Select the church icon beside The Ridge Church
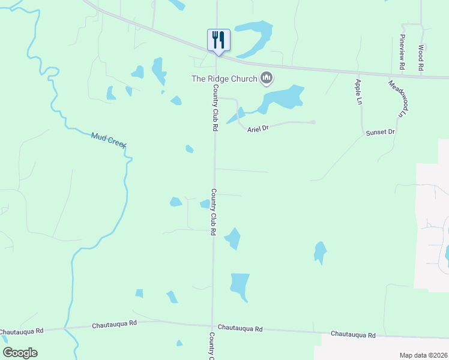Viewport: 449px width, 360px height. [267, 78]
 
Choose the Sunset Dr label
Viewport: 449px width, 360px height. [381, 132]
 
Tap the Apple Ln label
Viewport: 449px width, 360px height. [358, 89]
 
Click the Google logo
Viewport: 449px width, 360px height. [20, 353]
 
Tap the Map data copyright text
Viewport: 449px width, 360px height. [423, 355]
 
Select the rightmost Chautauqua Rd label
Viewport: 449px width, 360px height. [353, 335]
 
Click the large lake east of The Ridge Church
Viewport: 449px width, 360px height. [283, 98]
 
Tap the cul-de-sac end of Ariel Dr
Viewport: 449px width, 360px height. [313, 122]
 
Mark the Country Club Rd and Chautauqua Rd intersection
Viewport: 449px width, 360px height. [212, 325]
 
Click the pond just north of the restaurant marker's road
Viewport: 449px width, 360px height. [255, 34]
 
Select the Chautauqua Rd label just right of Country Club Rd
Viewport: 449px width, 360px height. [240, 328]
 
